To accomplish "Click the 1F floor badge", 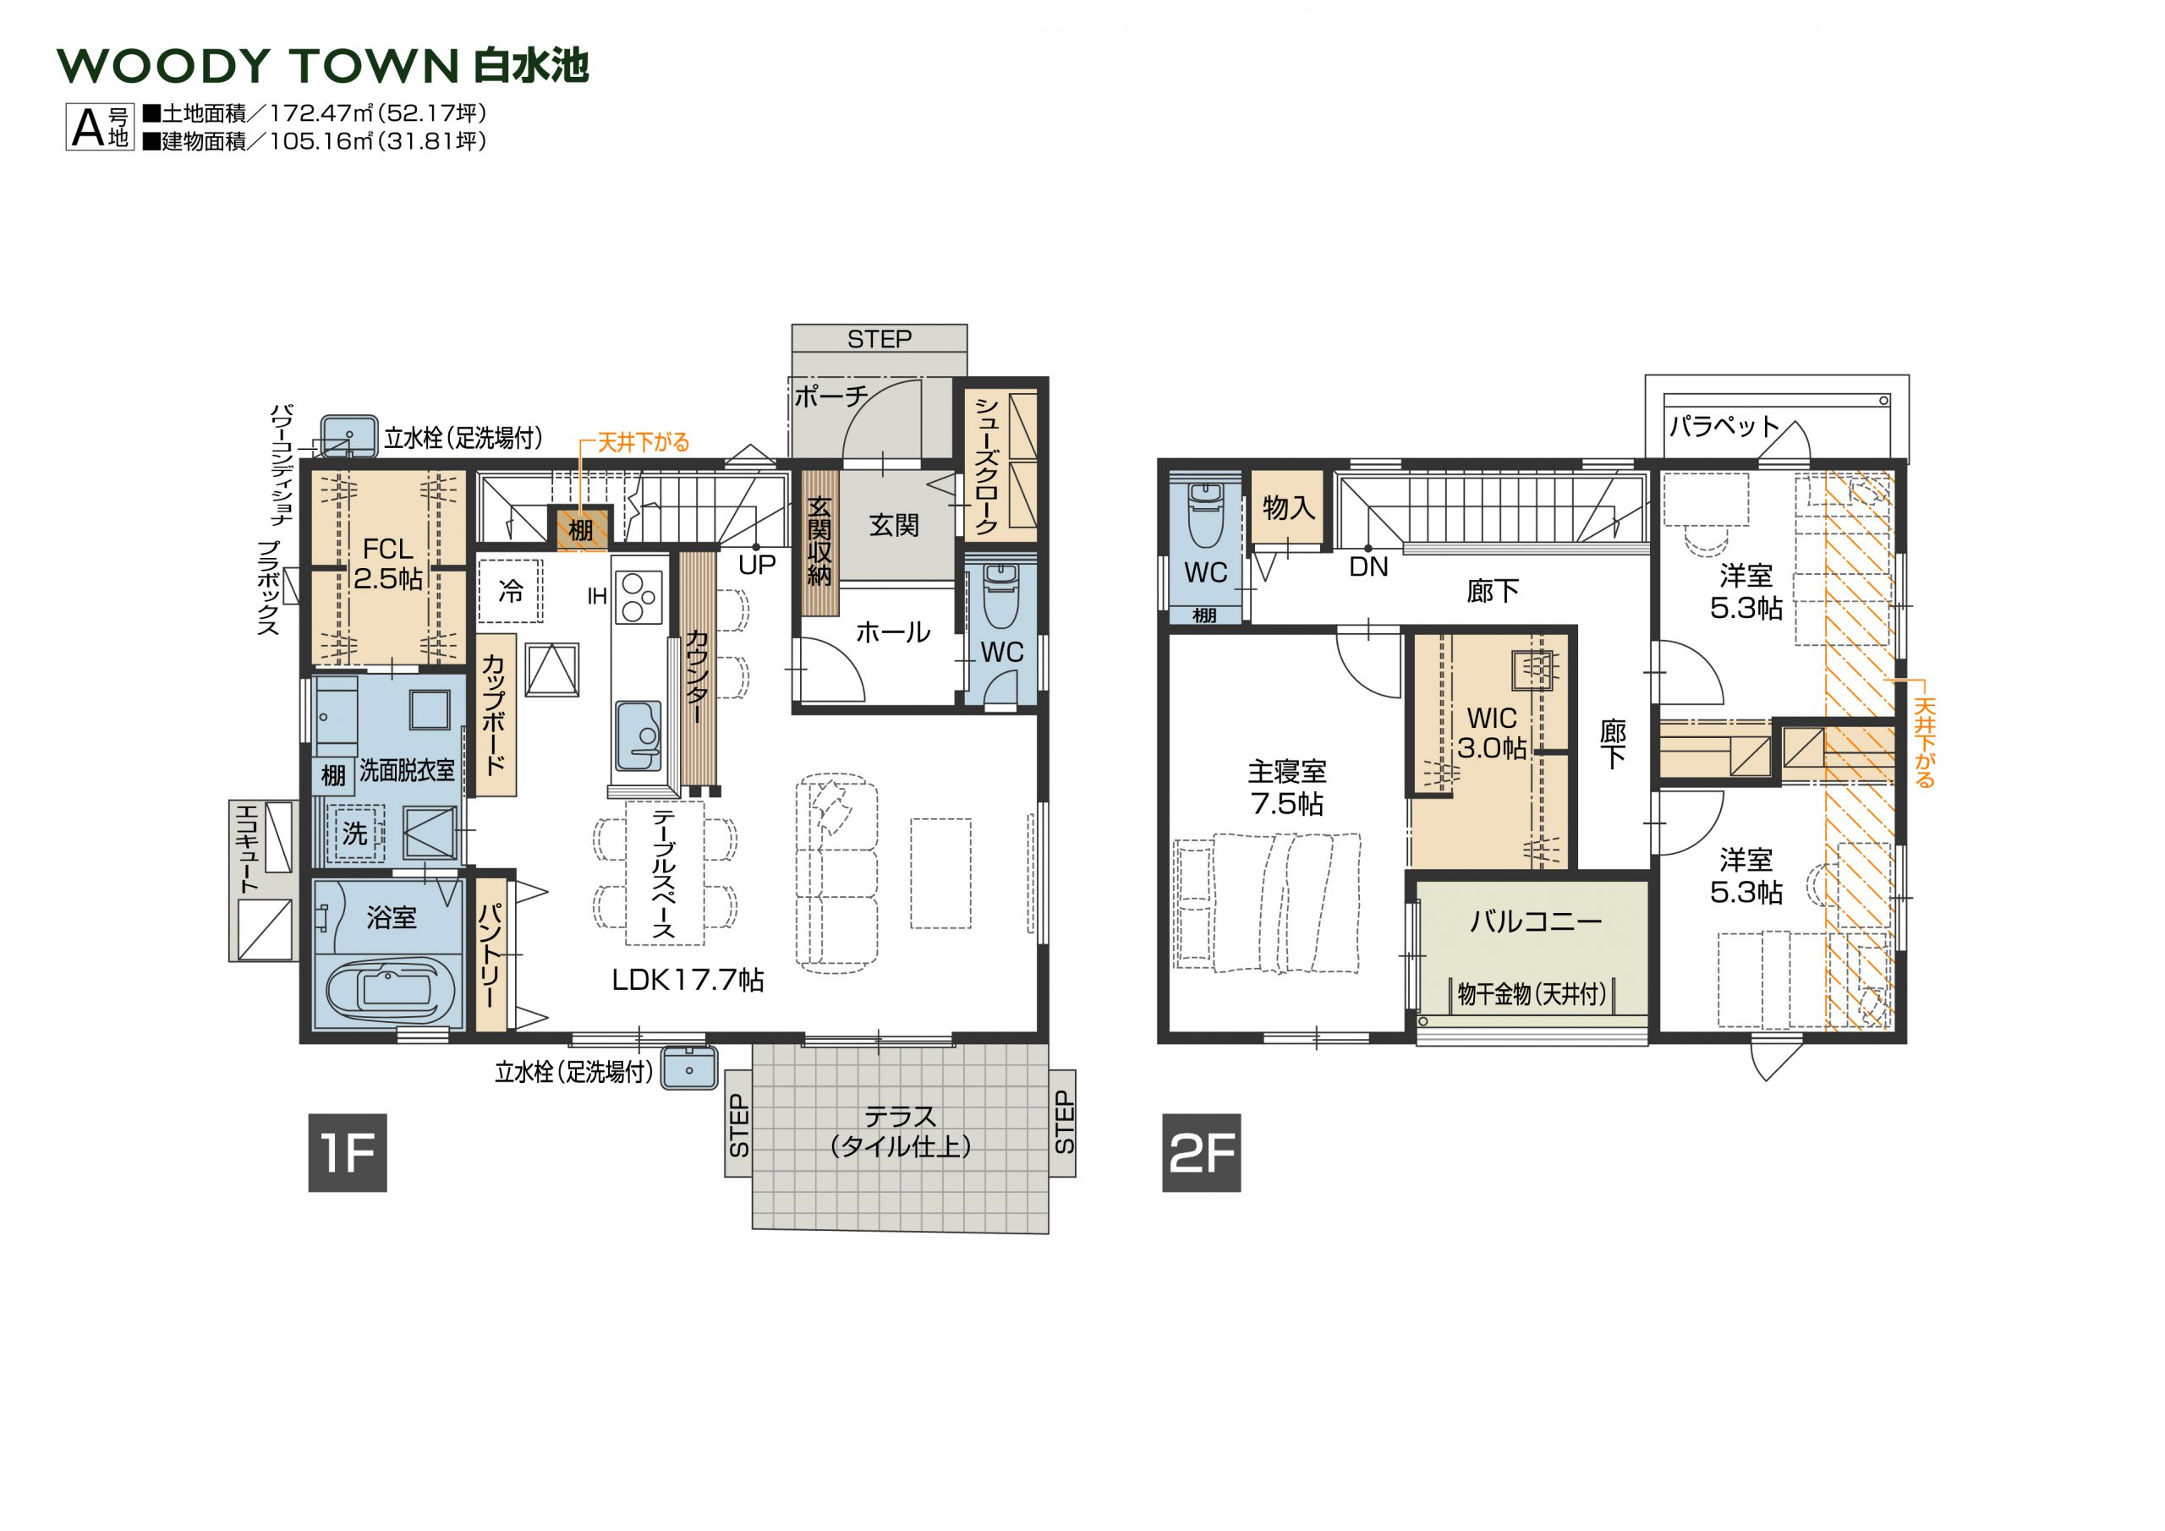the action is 347,1152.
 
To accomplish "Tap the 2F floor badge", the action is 1200,1152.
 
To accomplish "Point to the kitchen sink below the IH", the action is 639,736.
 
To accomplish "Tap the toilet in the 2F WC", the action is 1205,514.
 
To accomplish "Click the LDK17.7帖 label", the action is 688,981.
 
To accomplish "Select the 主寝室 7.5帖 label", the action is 1287,788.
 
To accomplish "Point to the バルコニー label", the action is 1536,921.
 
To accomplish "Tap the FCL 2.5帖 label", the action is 387,564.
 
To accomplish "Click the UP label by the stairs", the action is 757,565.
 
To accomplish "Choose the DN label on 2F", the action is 1368,566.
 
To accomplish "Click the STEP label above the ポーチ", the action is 879,339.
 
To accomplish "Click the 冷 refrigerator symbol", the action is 510,591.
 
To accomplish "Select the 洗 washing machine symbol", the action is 354,833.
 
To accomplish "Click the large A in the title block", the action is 87,128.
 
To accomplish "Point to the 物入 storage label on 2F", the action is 1288,508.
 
